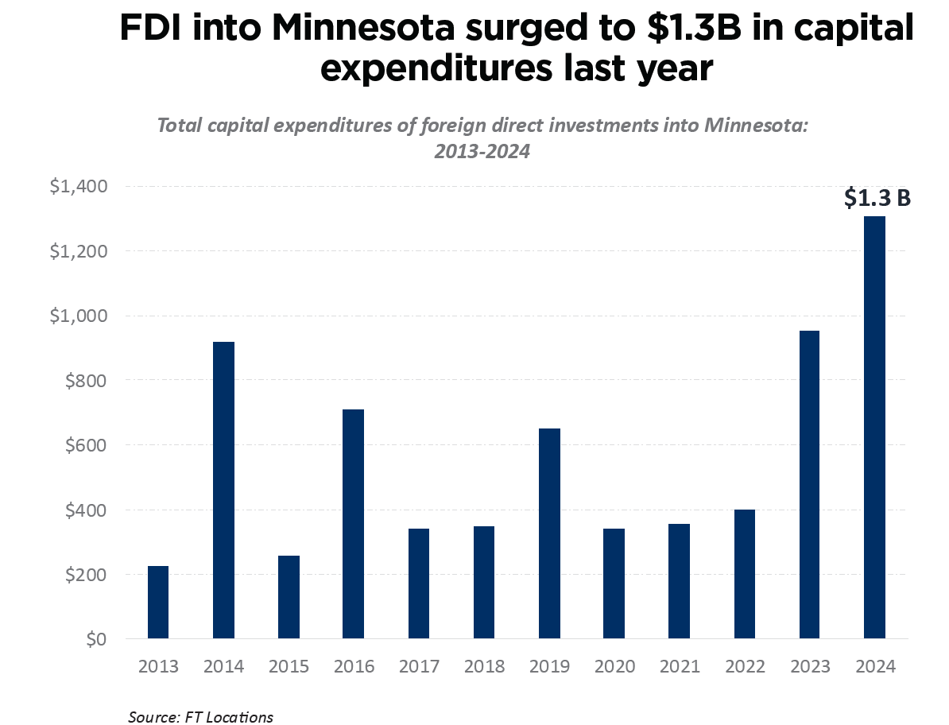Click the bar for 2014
click(x=223, y=490)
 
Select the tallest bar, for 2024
click(x=874, y=427)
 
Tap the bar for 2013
click(x=158, y=602)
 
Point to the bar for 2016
click(x=354, y=523)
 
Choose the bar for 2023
click(x=809, y=484)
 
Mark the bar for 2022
click(x=744, y=573)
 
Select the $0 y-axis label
click(x=95, y=640)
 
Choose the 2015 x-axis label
click(x=289, y=667)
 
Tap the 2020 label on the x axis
click(x=614, y=667)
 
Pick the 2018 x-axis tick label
click(x=484, y=667)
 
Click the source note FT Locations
click(x=200, y=717)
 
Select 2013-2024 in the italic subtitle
click(x=482, y=151)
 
